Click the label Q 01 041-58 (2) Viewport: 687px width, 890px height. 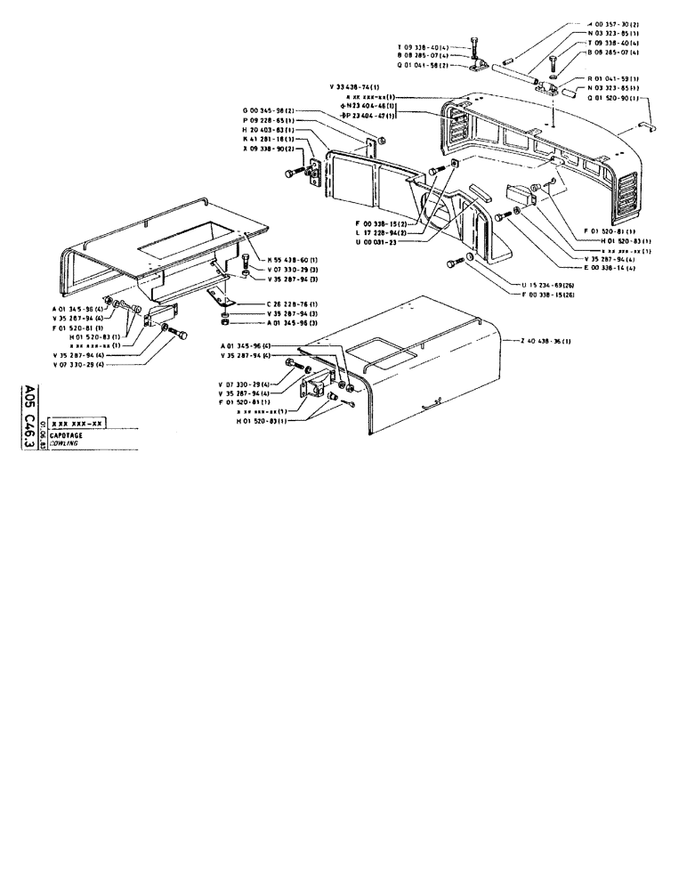[426, 65]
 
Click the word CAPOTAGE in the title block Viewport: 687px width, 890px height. [68, 433]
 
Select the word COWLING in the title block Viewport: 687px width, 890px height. [65, 442]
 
